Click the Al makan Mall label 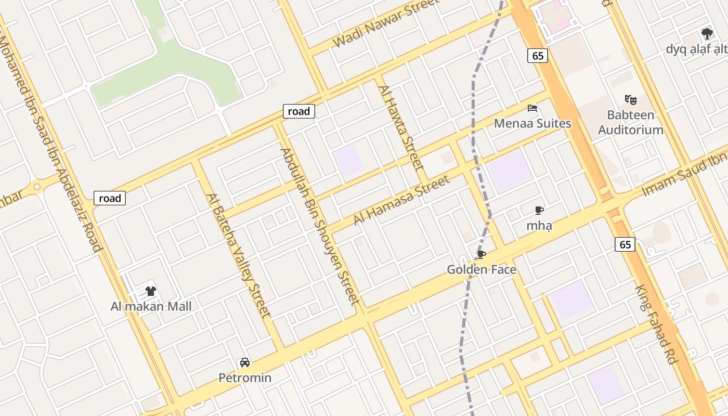point(151,306)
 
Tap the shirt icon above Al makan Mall point(151,291)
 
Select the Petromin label point(245,378)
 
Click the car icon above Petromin point(244,362)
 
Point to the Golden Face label point(482,269)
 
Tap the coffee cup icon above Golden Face point(482,254)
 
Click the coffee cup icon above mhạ point(539,211)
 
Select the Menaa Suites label point(532,123)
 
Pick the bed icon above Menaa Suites point(532,108)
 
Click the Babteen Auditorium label point(630,122)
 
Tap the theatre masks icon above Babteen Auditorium point(631,99)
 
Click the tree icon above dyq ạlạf point(707,34)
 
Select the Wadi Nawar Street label point(385,23)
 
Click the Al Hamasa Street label point(401,200)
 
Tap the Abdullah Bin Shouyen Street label point(320,226)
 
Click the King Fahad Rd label point(657,324)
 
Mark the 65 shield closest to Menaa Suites point(538,56)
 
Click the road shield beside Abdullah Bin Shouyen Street point(299,111)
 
